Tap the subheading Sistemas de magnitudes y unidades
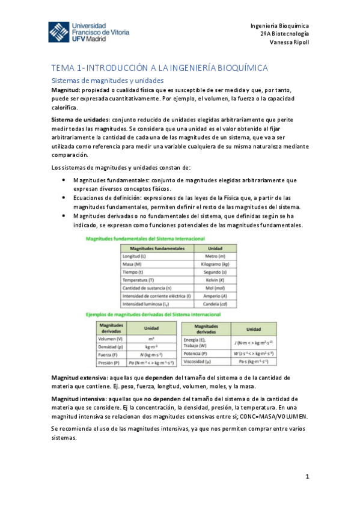[107, 80]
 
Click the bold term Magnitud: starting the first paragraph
[68, 90]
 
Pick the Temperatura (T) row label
[138, 280]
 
